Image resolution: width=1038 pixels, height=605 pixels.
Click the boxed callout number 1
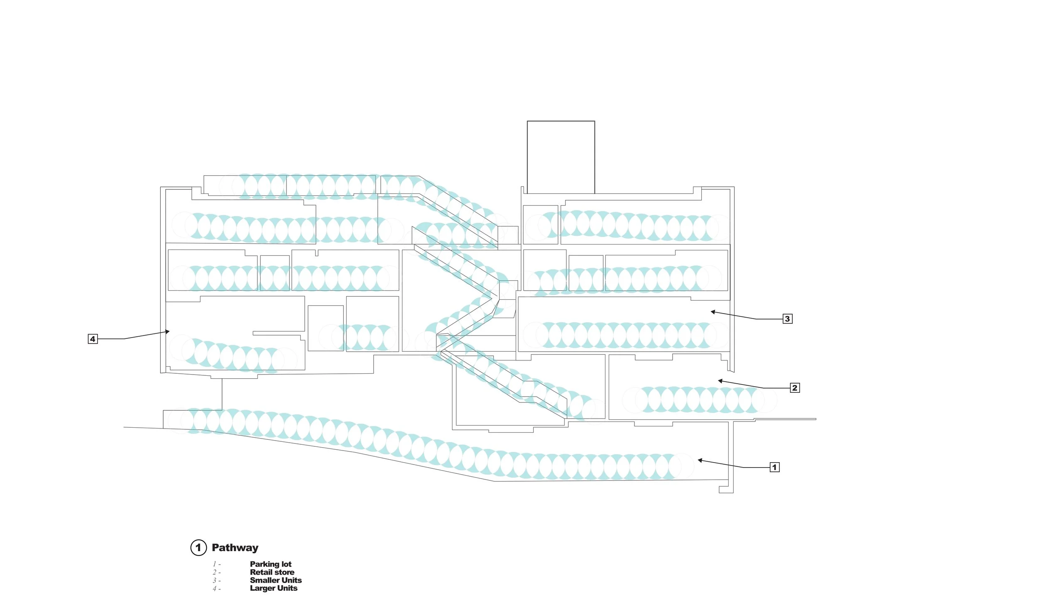774,467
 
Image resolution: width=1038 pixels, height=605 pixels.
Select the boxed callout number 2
795,388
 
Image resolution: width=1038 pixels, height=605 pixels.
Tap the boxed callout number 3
787,319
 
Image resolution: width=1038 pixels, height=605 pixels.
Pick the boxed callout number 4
93,339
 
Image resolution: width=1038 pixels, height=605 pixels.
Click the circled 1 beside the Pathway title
198,548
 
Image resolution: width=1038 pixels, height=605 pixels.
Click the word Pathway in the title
235,548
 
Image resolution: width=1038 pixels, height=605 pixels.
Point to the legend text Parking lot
271,564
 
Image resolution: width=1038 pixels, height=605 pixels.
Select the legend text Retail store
272,572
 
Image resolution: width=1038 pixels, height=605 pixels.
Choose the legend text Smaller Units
276,580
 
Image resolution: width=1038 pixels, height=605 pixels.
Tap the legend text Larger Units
274,588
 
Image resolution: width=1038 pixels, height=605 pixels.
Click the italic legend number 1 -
216,564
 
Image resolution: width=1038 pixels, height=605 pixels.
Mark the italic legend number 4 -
216,588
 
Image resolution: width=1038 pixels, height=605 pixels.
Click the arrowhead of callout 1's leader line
700,460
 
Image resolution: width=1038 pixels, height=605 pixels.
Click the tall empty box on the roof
561,157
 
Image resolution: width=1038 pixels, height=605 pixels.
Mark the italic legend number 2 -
216,572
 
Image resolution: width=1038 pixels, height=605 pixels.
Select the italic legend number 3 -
216,581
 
